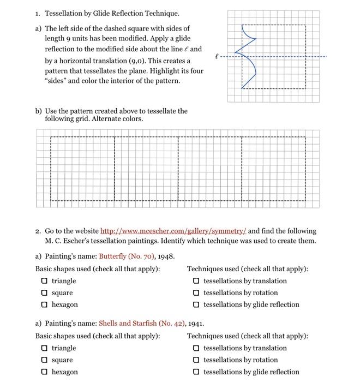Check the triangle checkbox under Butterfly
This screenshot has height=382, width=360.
coord(44,281)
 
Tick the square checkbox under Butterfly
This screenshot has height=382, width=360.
coord(44,293)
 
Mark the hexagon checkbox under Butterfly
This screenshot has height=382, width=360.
coord(44,305)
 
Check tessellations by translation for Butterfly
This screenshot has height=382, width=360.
coord(195,281)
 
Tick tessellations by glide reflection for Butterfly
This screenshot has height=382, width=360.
coord(195,305)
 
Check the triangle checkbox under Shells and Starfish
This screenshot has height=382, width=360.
coord(44,348)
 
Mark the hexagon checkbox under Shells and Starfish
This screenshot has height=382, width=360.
coord(44,372)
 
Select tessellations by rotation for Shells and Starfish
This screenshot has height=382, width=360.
coord(195,360)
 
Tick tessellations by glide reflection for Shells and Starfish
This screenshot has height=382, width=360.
coord(195,372)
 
